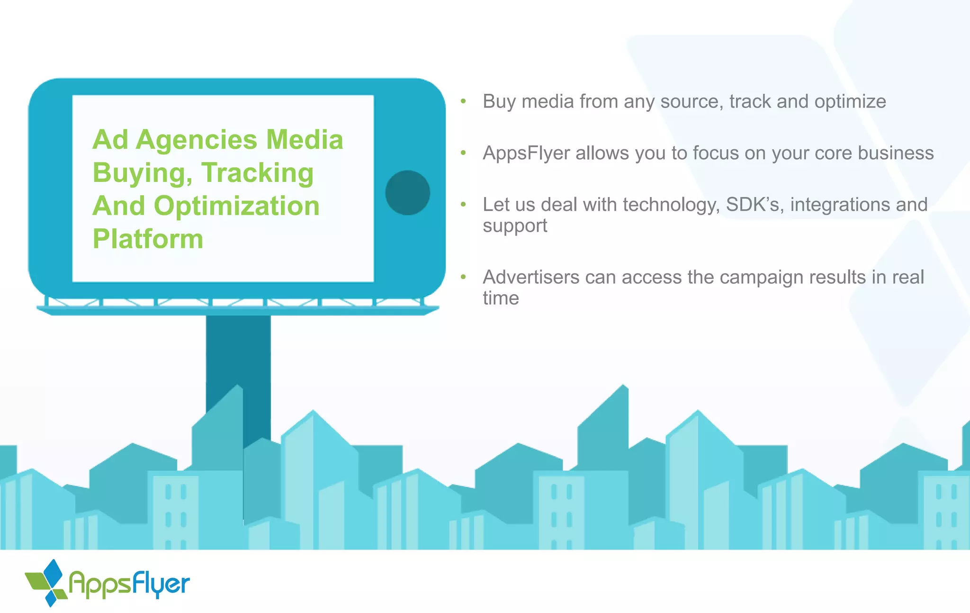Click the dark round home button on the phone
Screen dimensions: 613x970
pyautogui.click(x=407, y=193)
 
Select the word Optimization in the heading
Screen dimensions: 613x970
pyautogui.click(x=237, y=206)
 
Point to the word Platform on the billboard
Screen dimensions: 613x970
pyautogui.click(x=148, y=239)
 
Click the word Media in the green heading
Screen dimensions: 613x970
pyautogui.click(x=305, y=140)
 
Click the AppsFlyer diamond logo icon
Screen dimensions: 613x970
pyautogui.click(x=47, y=583)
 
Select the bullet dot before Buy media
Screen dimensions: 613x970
pyautogui.click(x=463, y=101)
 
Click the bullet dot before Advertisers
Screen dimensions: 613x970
pyautogui.click(x=463, y=277)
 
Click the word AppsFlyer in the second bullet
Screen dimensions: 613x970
pyautogui.click(x=526, y=153)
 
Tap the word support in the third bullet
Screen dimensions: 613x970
pyautogui.click(x=515, y=226)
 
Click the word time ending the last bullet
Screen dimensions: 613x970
pyautogui.click(x=501, y=298)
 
